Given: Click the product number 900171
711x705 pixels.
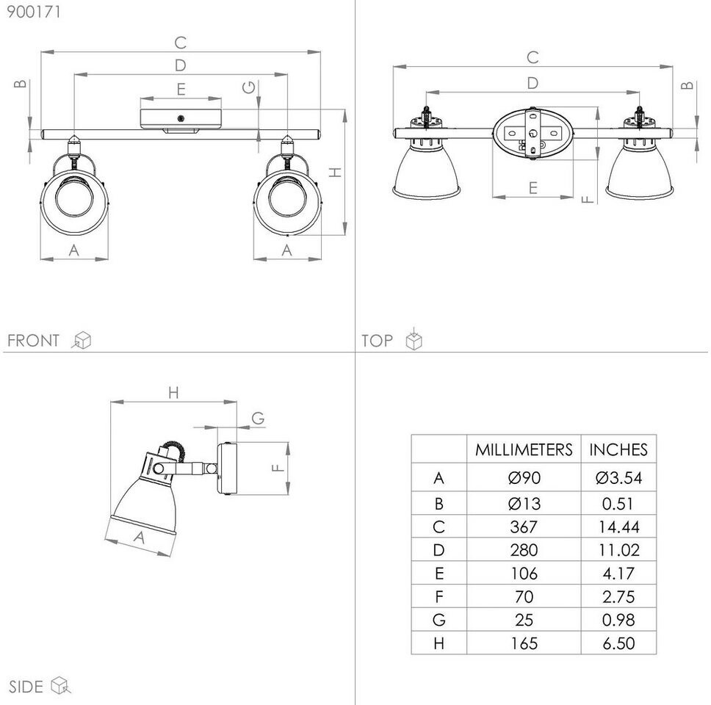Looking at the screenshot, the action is [34, 12].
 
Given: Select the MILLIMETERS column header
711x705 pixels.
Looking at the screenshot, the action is [524, 449].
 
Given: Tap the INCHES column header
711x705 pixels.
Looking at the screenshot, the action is [618, 449].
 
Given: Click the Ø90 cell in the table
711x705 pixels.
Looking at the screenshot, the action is [524, 477].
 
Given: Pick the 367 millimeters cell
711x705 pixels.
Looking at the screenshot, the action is [524, 527].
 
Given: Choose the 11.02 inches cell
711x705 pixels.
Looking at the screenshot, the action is [619, 550].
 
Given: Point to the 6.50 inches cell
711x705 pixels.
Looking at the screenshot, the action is [618, 643].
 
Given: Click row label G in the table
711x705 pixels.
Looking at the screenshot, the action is [439, 620].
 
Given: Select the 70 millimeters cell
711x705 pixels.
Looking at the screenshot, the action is [524, 596].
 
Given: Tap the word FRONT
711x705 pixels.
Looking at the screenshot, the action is [33, 341].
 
